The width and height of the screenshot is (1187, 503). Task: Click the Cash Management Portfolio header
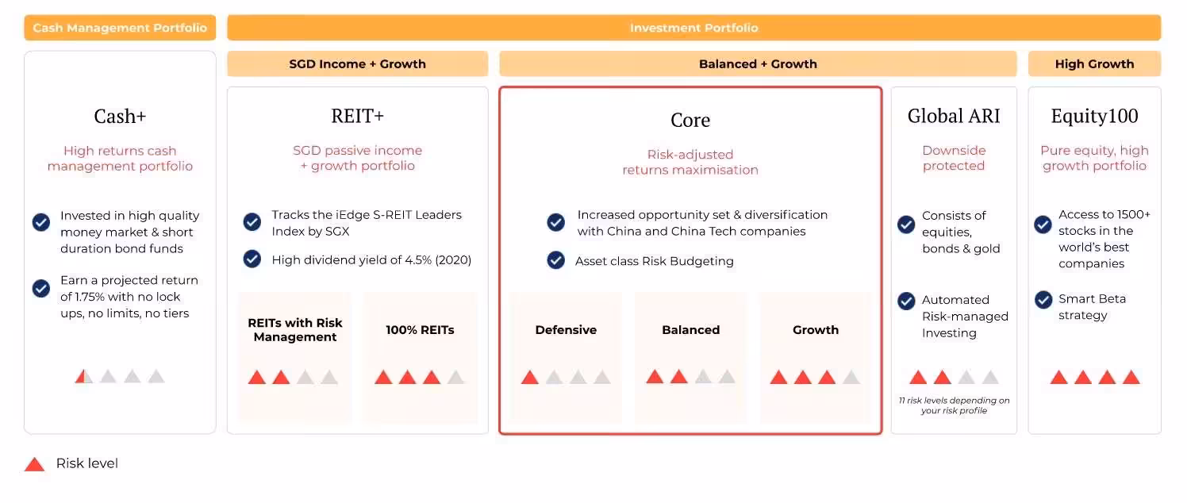(120, 28)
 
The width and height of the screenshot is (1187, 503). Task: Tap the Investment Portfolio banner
(693, 28)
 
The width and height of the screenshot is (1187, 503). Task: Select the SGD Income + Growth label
(357, 64)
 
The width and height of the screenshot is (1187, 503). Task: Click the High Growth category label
(1094, 64)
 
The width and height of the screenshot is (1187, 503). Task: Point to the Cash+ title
(120, 117)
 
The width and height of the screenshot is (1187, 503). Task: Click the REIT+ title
(357, 116)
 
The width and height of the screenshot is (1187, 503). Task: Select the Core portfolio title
(690, 121)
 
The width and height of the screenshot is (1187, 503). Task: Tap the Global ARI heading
(954, 116)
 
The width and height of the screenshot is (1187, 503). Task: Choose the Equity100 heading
(1094, 116)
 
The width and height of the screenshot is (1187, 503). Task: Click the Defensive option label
(566, 330)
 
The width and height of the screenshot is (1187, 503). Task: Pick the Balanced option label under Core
(690, 330)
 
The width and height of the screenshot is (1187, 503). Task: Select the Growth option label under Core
(815, 330)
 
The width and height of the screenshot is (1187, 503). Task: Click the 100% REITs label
(420, 330)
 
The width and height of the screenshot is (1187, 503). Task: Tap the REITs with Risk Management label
(295, 330)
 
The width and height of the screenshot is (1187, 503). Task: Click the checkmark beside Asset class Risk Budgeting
(556, 260)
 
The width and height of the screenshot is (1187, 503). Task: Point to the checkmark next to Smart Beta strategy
(1043, 300)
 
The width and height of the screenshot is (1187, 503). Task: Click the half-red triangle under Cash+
(83, 376)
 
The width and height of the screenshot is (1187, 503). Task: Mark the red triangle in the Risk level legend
(34, 464)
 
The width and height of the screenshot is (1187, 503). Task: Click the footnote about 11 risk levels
(954, 405)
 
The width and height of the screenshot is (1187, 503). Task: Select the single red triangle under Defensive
(530, 378)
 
